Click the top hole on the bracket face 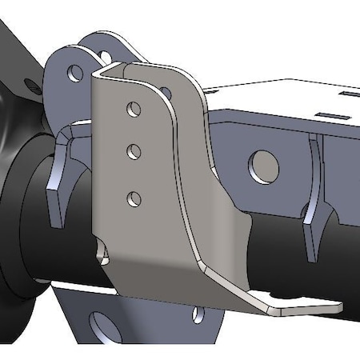134,107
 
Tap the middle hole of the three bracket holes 134,150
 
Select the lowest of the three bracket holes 134,197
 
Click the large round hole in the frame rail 265,165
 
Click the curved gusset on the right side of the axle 314,200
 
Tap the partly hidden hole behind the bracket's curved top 165,93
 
